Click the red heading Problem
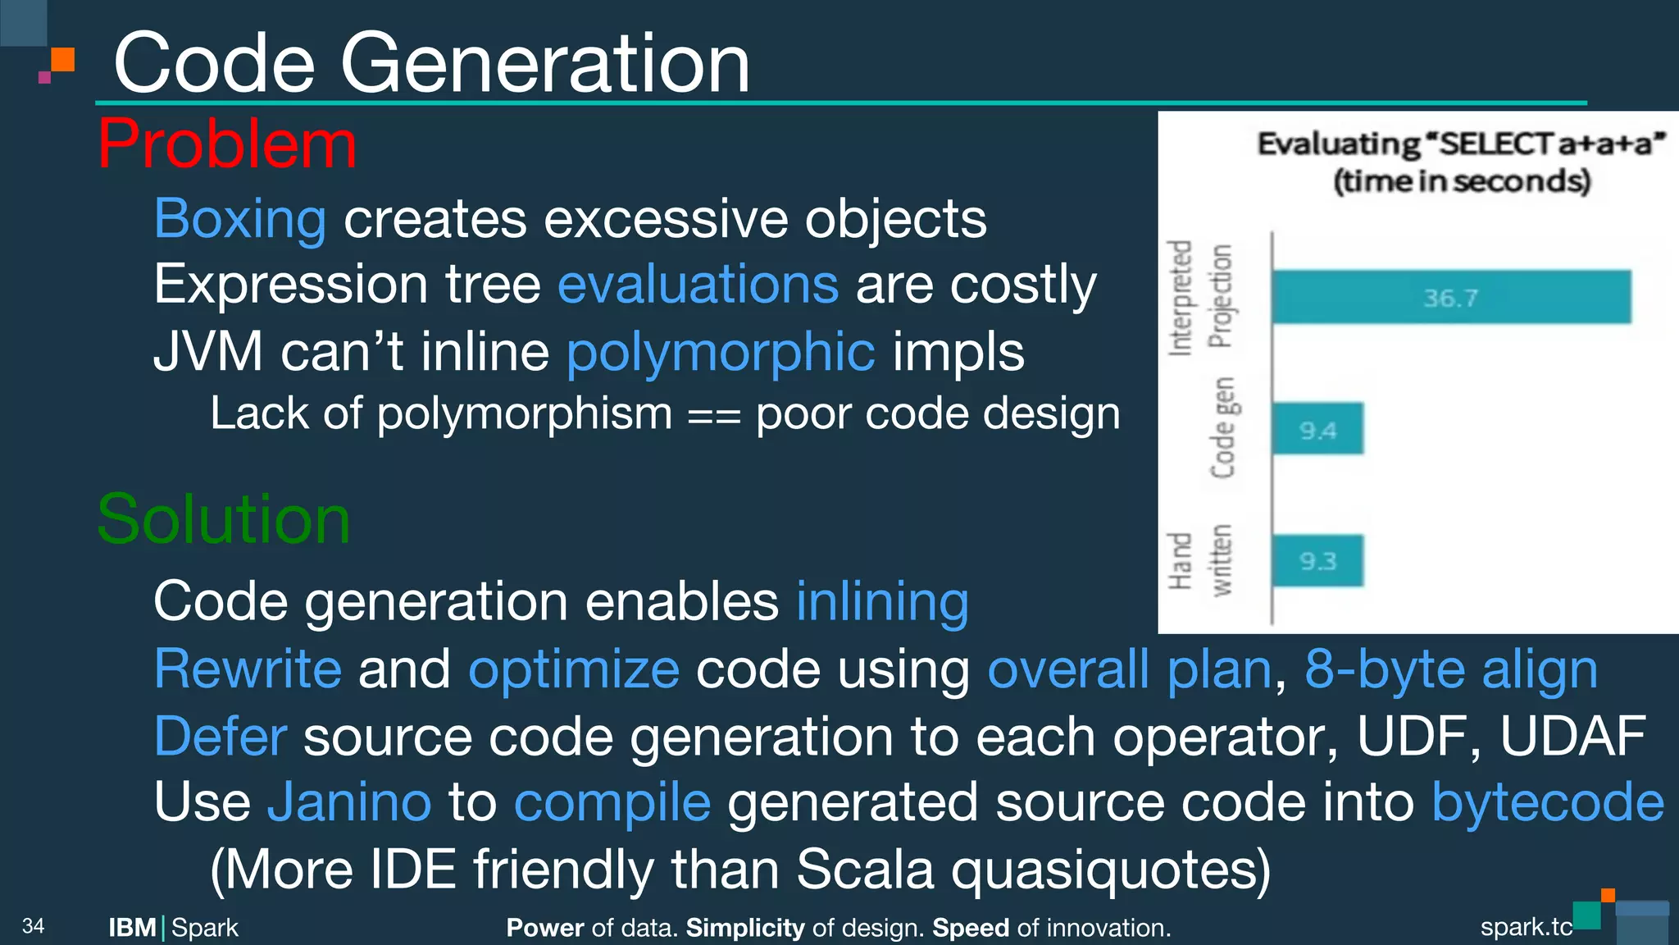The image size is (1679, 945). pyautogui.click(x=227, y=145)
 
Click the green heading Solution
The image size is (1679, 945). pyautogui.click(x=223, y=520)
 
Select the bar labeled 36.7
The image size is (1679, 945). pyautogui.click(x=1450, y=297)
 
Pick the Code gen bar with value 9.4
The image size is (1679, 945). pyautogui.click(x=1317, y=429)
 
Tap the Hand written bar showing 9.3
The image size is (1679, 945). pyautogui.click(x=1317, y=561)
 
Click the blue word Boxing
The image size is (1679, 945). pyautogui.click(x=240, y=219)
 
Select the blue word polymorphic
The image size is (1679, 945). pyautogui.click(x=721, y=352)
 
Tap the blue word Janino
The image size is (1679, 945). pyautogui.click(x=349, y=801)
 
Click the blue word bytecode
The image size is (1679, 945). pyautogui.click(x=1548, y=801)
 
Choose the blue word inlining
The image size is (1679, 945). pyautogui.click(x=882, y=601)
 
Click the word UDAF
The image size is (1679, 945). pyautogui.click(x=1572, y=736)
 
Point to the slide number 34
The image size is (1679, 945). pyautogui.click(x=33, y=926)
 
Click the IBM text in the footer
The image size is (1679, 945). pyautogui.click(x=132, y=928)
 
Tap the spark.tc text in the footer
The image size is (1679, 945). pyautogui.click(x=1526, y=927)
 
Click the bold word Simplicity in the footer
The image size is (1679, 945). pyautogui.click(x=744, y=928)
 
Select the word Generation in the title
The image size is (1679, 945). pyautogui.click(x=544, y=64)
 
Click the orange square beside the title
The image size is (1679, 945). pyautogui.click(x=62, y=60)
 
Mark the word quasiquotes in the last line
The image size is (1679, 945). pyautogui.click(x=1110, y=870)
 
